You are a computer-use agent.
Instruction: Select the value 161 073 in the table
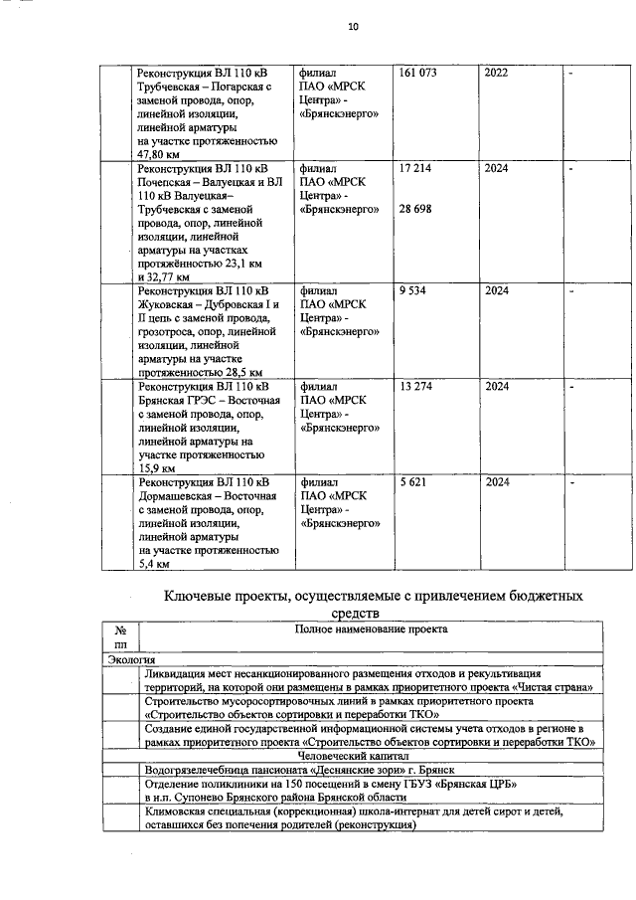click(x=417, y=75)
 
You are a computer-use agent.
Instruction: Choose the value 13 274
click(x=414, y=386)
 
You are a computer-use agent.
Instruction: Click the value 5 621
click(x=411, y=481)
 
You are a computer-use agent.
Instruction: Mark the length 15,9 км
click(x=157, y=467)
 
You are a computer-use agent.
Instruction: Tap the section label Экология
click(x=131, y=658)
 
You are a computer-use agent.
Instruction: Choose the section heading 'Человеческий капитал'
click(x=370, y=755)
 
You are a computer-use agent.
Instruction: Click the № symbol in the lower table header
click(x=120, y=630)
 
